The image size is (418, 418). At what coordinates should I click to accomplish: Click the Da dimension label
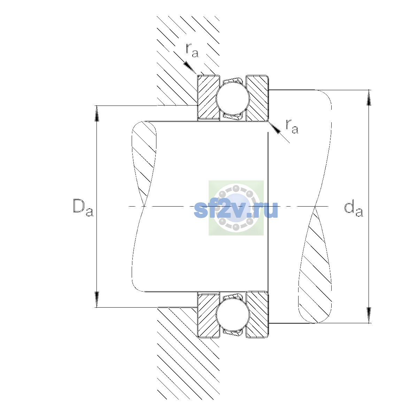[x=83, y=208]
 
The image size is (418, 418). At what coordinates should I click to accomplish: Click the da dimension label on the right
[x=353, y=209]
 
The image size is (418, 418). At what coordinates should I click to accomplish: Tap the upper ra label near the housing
[x=192, y=50]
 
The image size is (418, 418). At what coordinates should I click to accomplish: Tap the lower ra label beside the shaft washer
[x=292, y=126]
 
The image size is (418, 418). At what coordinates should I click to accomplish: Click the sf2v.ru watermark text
[x=236, y=210]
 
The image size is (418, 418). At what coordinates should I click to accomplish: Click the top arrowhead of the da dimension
[x=369, y=98]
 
